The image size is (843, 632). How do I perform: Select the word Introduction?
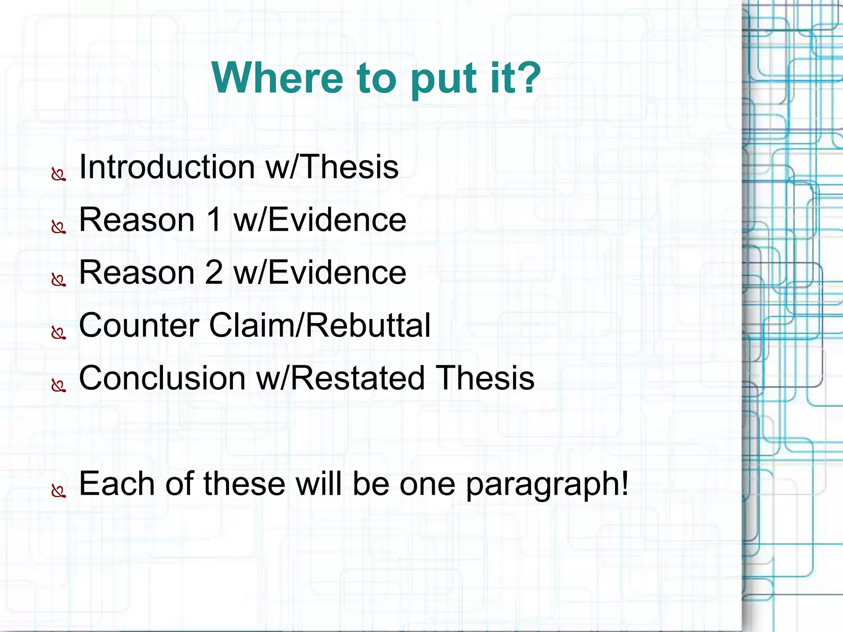click(x=167, y=167)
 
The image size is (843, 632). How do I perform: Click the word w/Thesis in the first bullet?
click(x=332, y=167)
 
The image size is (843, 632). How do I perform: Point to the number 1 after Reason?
click(x=214, y=220)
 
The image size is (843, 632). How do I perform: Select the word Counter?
click(x=139, y=325)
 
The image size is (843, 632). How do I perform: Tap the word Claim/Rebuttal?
click(x=320, y=325)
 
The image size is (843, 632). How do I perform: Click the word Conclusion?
click(x=162, y=378)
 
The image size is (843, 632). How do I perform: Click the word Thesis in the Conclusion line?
click(x=485, y=378)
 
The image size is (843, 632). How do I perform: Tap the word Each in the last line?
click(x=117, y=484)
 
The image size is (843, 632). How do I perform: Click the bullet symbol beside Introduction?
click(x=58, y=175)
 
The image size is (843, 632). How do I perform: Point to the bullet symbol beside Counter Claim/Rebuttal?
click(x=58, y=333)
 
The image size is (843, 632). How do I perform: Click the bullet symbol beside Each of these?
click(x=58, y=491)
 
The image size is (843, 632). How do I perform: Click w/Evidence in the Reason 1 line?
click(x=320, y=220)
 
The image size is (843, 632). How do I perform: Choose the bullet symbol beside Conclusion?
click(x=58, y=386)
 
